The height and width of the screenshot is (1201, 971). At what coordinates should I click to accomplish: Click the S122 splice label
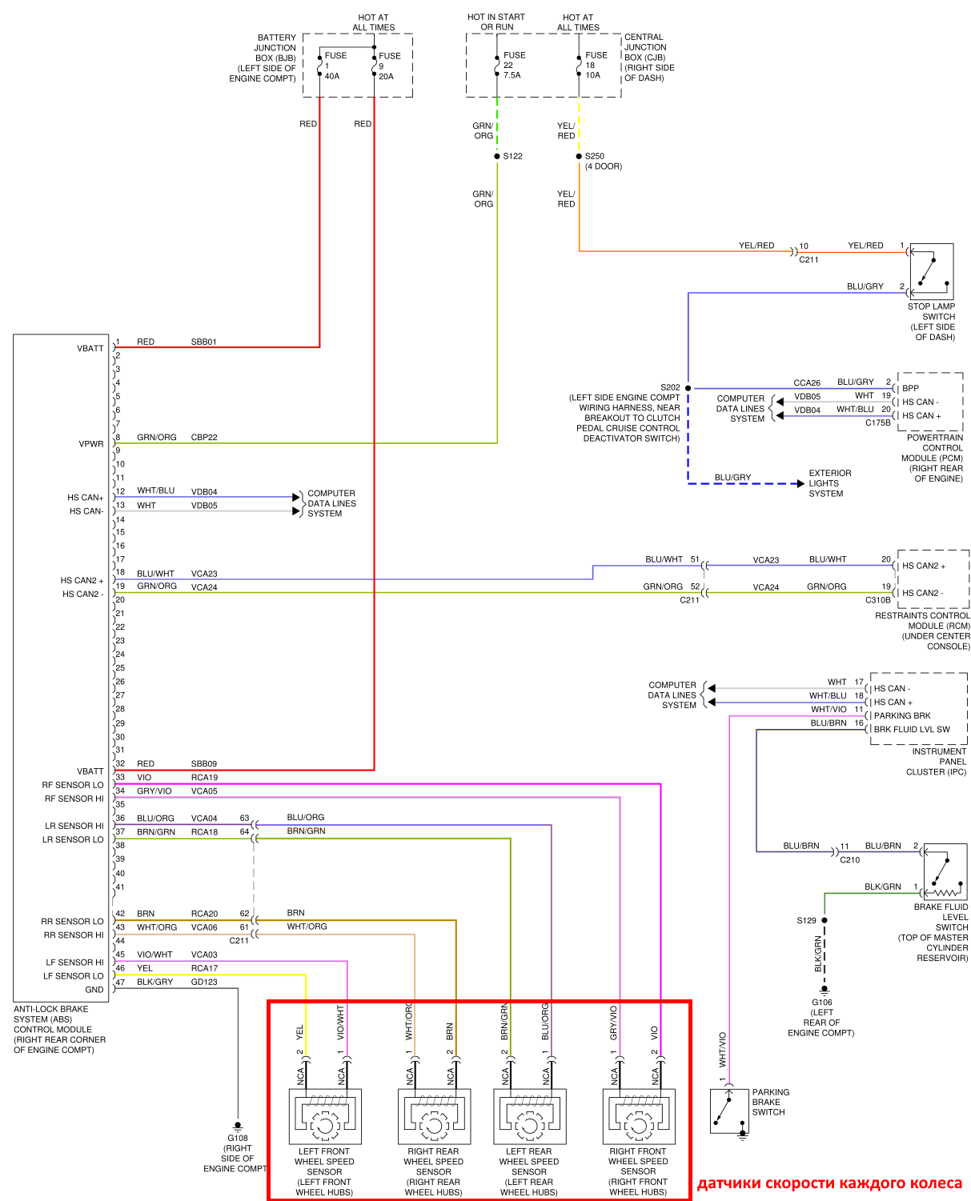pos(512,156)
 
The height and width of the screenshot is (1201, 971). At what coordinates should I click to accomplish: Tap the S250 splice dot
pos(579,156)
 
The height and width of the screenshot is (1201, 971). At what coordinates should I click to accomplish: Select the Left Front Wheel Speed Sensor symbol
pos(325,1115)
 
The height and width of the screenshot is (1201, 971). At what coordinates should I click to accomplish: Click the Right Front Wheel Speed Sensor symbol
pos(638,1115)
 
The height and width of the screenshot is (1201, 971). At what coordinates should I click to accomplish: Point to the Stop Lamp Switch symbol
pos(931,271)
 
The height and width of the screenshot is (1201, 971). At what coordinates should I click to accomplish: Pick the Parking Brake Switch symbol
pos(729,1111)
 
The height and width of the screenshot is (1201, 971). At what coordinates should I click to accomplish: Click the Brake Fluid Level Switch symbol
pos(945,872)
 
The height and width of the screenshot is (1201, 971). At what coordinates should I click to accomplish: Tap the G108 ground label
pos(238,1138)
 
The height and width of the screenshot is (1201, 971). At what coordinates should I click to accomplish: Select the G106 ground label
pos(822,1002)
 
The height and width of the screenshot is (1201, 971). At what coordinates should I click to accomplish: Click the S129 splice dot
pos(825,920)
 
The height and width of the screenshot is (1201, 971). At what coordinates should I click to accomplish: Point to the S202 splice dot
pos(688,388)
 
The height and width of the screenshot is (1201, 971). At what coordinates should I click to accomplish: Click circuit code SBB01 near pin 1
pos(204,342)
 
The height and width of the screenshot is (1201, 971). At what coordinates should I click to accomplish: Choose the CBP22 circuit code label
pos(204,437)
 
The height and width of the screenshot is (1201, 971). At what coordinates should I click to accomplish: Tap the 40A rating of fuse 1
pos(332,76)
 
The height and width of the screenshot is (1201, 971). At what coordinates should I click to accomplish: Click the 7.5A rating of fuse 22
pos(512,75)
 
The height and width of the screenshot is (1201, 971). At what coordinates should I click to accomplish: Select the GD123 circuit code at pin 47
pos(204,982)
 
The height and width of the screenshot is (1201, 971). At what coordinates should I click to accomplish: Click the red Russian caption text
pos(830,1183)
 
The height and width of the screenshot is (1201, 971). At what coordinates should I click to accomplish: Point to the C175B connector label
pos(877,422)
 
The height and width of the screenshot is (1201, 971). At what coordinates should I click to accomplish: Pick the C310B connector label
pos(877,599)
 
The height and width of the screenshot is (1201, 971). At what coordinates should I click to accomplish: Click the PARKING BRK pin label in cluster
pos(902,715)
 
